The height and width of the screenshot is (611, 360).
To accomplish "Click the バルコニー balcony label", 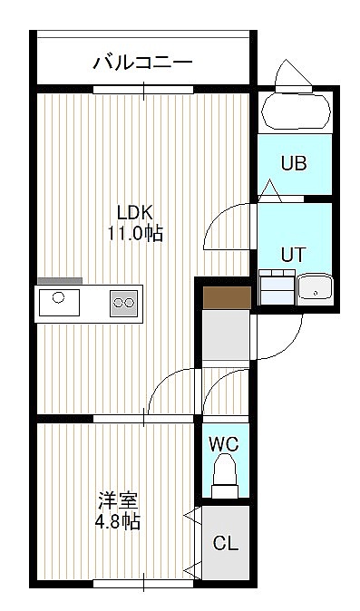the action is [142, 63].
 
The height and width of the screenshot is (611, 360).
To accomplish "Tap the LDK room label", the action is [135, 213].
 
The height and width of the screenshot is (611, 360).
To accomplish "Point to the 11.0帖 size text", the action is [135, 234].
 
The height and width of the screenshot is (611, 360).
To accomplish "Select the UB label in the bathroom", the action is [294, 163].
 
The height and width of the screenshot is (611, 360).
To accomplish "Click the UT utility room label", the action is [294, 255].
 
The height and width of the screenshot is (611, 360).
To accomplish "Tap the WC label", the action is [223, 443].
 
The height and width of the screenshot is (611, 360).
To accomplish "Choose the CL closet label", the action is [226, 543].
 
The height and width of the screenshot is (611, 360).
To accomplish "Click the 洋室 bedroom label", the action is [118, 501].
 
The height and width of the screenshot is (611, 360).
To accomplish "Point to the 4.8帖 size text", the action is [118, 521].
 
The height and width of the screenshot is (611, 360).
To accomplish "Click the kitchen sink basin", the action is [59, 303].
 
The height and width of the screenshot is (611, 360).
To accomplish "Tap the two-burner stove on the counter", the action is [124, 303].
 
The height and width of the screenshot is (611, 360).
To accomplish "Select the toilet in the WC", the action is [225, 475].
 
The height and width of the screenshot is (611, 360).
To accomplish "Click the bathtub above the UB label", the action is [297, 111].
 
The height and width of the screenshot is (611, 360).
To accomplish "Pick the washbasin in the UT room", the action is [316, 290].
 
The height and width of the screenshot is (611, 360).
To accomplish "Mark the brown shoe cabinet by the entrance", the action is [227, 297].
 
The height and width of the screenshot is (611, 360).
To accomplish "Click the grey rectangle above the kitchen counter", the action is [60, 280].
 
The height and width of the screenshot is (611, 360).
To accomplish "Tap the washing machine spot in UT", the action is [277, 287].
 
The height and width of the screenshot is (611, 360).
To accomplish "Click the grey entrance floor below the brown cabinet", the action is [227, 335].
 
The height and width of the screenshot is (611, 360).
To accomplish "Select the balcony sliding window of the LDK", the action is [143, 90].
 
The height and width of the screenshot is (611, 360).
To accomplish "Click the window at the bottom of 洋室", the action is [143, 583].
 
